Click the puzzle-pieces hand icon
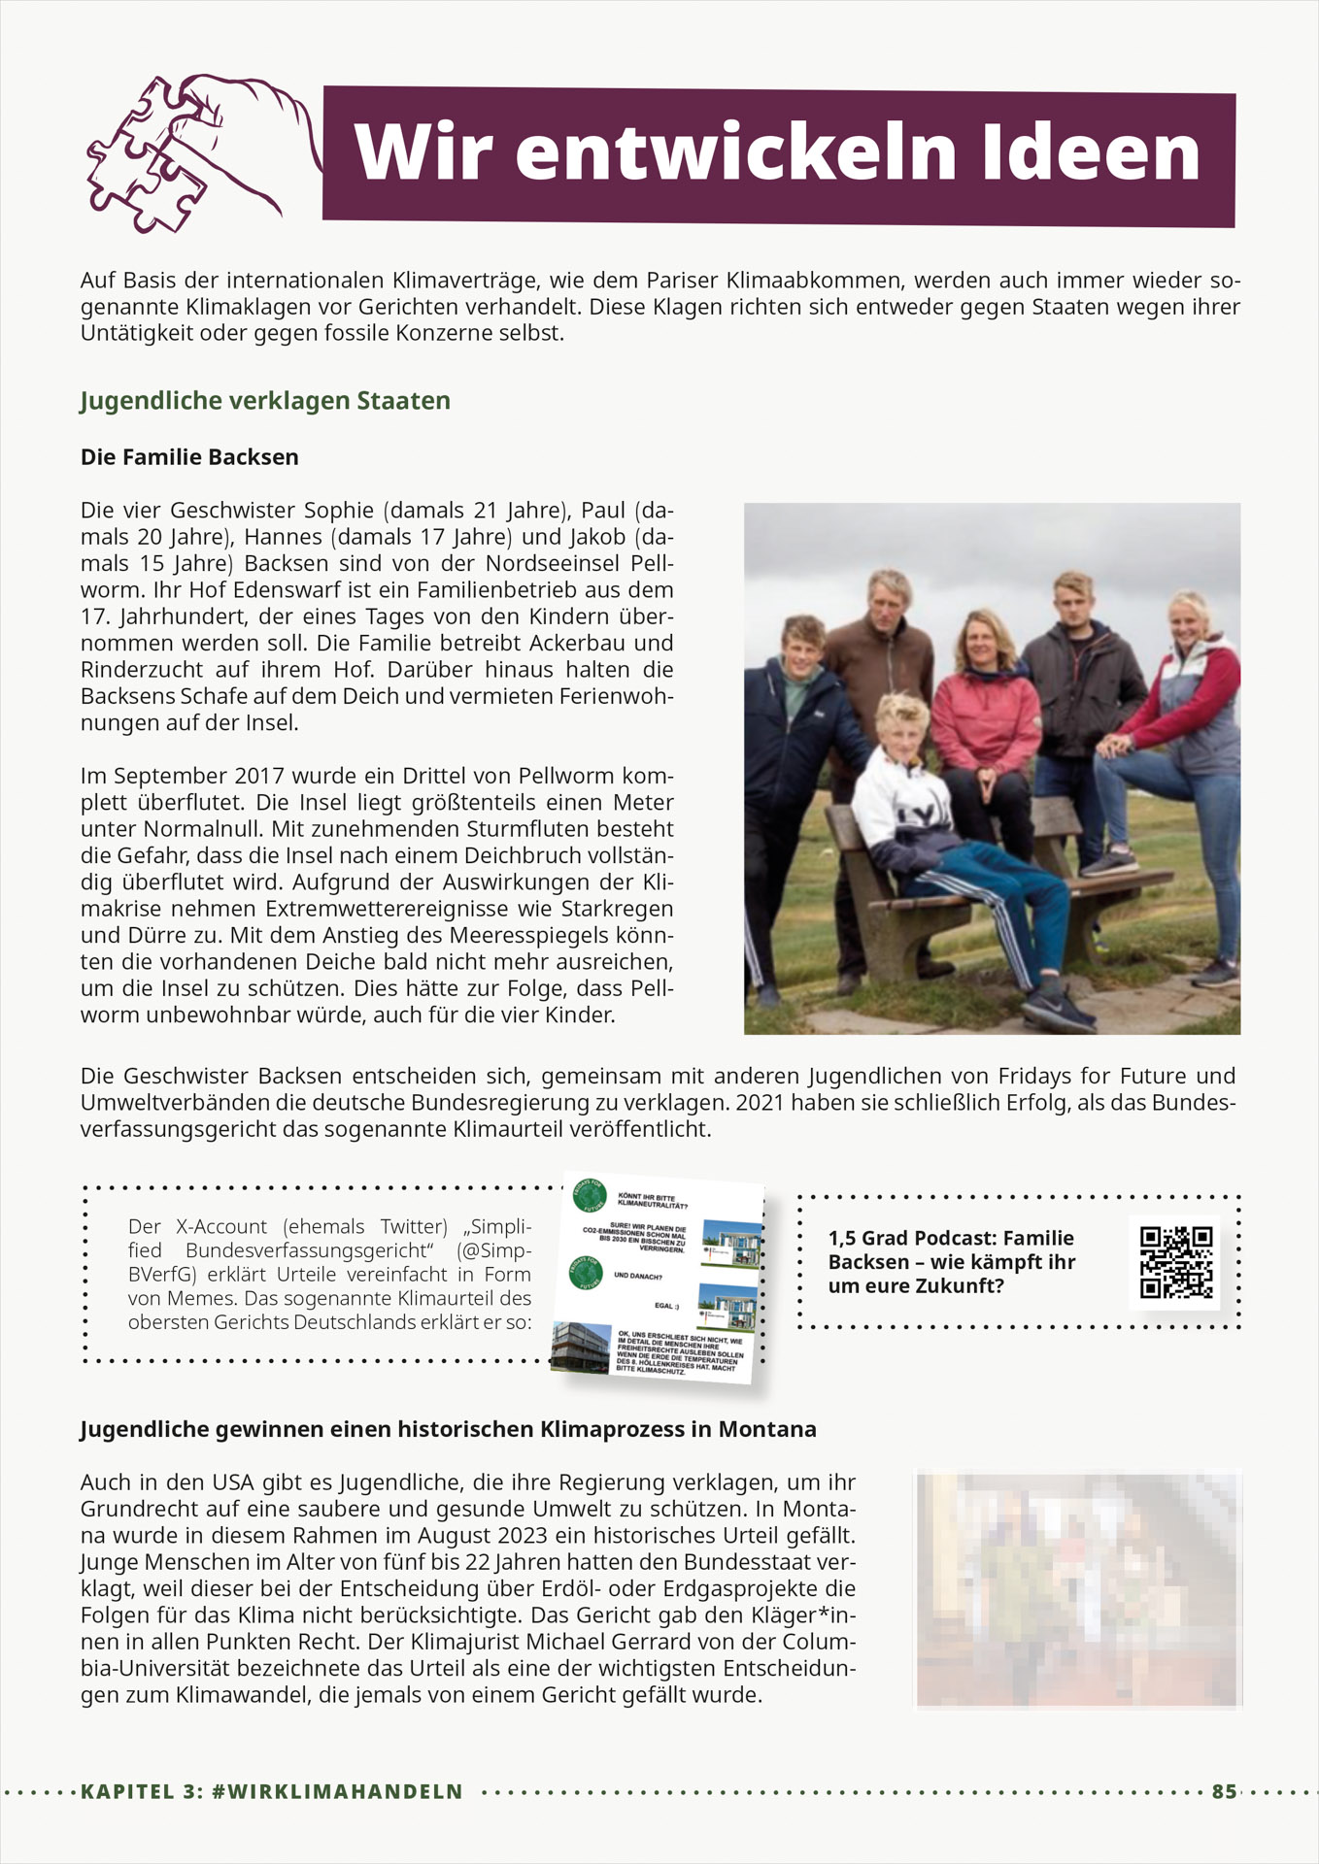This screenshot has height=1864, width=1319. (194, 152)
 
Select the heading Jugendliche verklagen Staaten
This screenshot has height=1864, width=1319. (265, 401)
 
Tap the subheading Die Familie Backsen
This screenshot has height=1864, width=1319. (189, 457)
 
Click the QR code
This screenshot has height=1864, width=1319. (1176, 1262)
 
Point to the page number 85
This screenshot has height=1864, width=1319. (1224, 1791)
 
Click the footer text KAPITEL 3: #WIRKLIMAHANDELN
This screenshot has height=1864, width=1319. (272, 1791)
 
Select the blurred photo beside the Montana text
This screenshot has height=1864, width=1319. (1078, 1590)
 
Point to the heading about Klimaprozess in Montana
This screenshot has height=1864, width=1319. (448, 1429)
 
